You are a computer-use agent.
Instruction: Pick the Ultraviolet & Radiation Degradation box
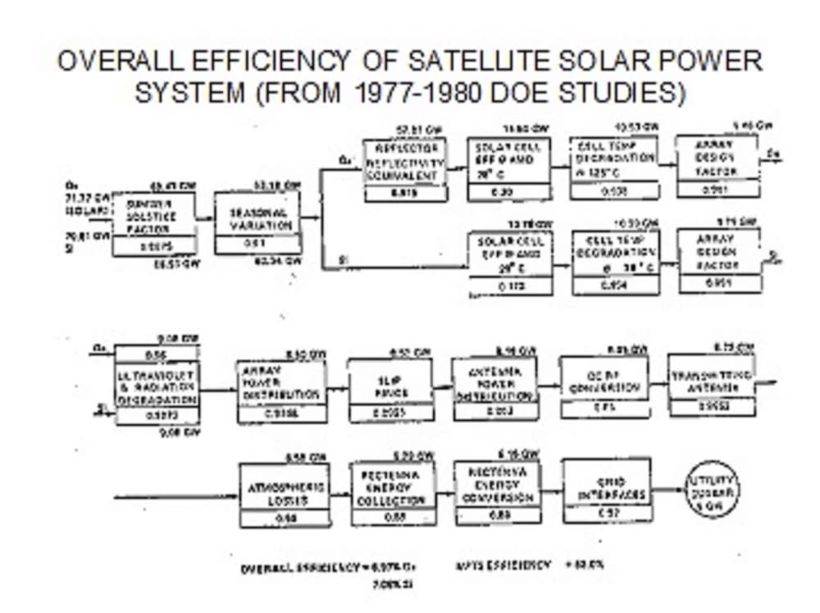click(157, 386)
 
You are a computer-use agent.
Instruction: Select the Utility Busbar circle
click(713, 489)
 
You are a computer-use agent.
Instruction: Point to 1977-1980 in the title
click(420, 92)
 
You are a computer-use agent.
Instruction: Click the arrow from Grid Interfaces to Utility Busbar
click(668, 490)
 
